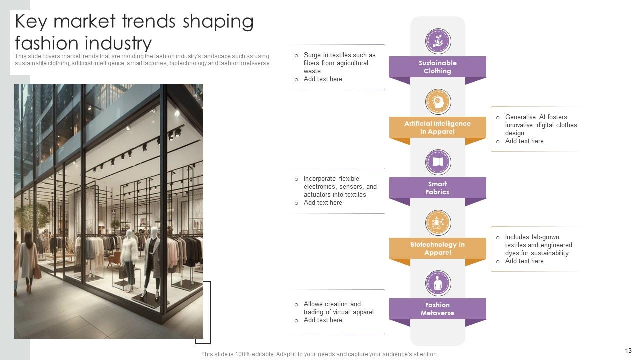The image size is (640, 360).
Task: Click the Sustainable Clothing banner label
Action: [437, 67]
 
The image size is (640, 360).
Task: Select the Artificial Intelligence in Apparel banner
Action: [437, 128]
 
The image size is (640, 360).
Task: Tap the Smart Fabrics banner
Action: [437, 188]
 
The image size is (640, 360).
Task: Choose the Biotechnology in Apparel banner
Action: [437, 249]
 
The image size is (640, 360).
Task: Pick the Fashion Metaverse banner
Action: [437, 309]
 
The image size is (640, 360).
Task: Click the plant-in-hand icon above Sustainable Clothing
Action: [438, 41]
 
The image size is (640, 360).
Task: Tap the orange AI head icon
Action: [438, 102]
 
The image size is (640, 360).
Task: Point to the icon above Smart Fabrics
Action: [438, 162]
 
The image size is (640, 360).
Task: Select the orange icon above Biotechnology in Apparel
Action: [438, 223]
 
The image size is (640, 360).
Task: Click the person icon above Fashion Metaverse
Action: [438, 283]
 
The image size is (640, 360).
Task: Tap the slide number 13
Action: [628, 351]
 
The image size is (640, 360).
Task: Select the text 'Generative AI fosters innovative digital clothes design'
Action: [540, 125]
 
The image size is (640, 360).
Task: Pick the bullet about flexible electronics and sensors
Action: [340, 187]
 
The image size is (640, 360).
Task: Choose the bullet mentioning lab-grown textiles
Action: [538, 245]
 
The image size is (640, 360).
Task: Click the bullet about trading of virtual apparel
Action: [338, 308]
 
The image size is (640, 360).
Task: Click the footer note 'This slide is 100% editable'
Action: [319, 354]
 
